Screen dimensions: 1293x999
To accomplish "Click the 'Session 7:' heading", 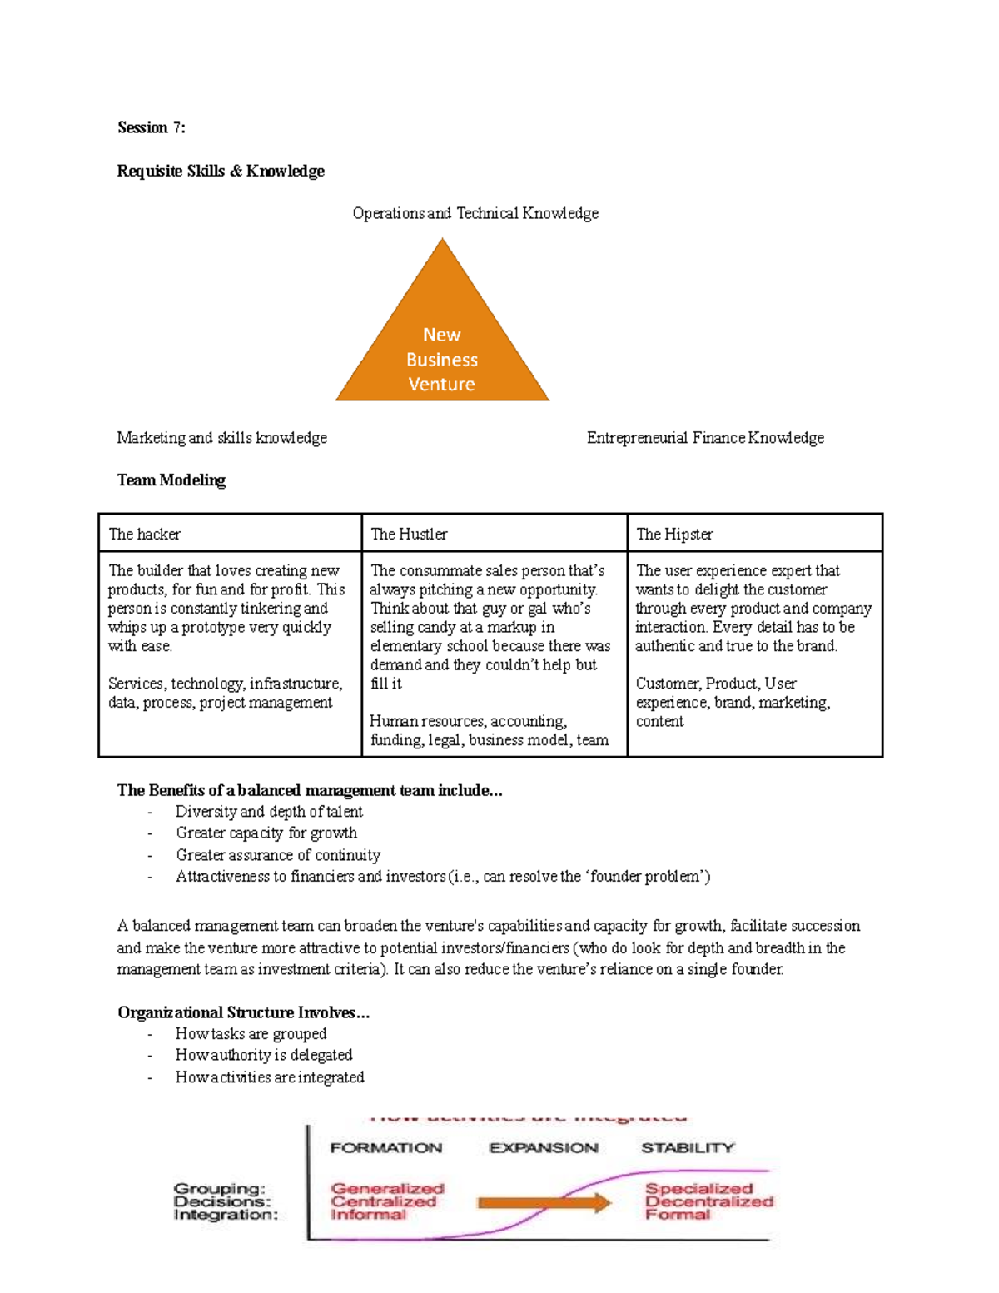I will click(x=151, y=127).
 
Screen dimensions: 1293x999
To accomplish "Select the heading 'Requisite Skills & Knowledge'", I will click(x=221, y=171).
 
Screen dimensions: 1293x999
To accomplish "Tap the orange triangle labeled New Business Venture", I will click(x=442, y=350).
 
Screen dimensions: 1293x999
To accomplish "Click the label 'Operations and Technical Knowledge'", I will click(x=475, y=213).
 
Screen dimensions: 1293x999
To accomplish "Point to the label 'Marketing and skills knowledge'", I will click(x=221, y=438).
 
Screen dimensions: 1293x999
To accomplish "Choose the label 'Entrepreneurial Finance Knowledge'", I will click(x=705, y=438).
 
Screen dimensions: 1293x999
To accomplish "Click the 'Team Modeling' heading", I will click(x=171, y=480).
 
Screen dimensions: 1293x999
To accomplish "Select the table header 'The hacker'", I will click(x=145, y=534).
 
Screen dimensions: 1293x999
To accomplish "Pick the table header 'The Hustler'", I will click(x=409, y=534).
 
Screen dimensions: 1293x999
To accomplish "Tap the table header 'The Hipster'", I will click(x=674, y=534).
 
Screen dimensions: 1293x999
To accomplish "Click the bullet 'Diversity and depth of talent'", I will click(x=269, y=812).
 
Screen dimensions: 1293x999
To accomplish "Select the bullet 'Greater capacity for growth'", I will click(x=266, y=833).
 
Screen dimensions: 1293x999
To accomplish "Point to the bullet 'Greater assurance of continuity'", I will click(x=278, y=855).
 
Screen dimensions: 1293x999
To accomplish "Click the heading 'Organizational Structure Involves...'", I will click(x=244, y=1012).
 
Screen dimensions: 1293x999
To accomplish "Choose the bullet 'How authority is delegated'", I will click(x=264, y=1055).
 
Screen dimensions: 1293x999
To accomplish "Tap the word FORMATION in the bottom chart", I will click(x=386, y=1148).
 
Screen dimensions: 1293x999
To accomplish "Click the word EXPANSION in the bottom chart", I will click(x=544, y=1148).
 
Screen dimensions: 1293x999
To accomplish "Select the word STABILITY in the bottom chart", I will click(x=688, y=1148).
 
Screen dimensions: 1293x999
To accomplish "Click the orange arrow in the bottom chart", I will click(x=544, y=1202).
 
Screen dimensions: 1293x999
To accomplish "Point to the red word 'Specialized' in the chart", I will click(x=699, y=1189).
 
